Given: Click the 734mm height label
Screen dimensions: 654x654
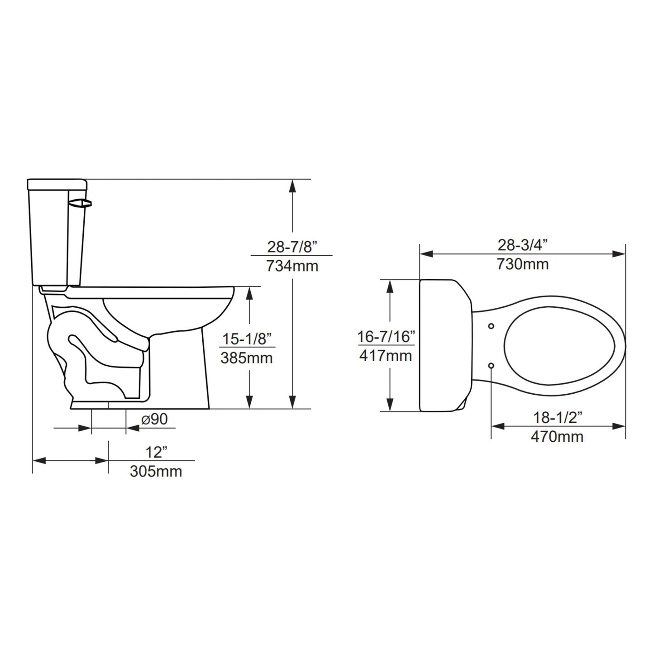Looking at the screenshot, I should click(292, 266).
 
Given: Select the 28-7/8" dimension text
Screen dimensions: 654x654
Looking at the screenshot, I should click(292, 247).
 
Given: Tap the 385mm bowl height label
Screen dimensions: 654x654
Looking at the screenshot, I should click(247, 358).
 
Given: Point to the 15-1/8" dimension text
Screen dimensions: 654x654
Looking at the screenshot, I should click(247, 339).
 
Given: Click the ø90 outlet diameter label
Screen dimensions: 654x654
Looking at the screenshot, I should click(154, 420).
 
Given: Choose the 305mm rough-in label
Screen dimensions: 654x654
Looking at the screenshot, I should click(156, 471).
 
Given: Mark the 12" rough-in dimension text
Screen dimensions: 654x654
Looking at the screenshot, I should click(156, 452).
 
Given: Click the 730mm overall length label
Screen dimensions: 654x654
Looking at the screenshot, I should click(522, 264).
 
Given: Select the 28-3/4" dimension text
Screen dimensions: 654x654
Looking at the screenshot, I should click(522, 245).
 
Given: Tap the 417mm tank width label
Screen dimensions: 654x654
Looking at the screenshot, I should click(386, 356).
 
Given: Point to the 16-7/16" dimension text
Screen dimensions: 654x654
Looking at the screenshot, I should click(386, 337).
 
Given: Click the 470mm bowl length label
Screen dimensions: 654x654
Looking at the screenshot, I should click(557, 437).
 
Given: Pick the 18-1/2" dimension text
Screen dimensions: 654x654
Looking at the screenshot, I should click(557, 418).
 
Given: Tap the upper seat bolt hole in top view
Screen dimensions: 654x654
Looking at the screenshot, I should click(492, 326).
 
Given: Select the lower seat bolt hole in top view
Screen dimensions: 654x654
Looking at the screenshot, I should click(492, 365).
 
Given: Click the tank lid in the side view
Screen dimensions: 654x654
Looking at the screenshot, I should click(57, 184).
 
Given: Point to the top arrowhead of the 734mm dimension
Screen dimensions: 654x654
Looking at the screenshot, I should click(293, 186).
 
